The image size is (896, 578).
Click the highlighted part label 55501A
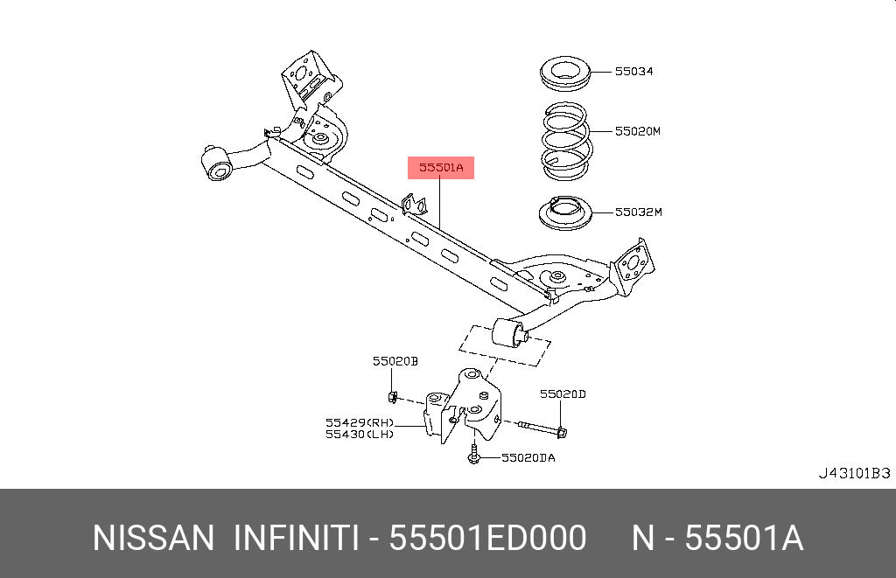tap(440, 167)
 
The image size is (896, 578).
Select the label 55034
tap(633, 72)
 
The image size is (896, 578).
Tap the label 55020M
tap(636, 131)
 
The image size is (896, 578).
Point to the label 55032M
tap(638, 212)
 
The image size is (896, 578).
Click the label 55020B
tap(395, 360)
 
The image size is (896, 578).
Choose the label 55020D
tap(562, 394)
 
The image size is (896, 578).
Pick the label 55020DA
tap(528, 457)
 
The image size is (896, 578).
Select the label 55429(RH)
tap(359, 421)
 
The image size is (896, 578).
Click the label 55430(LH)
tap(359, 434)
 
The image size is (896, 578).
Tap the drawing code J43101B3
tap(853, 473)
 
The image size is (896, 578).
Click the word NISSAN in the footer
tap(153, 539)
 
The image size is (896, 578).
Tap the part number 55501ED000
tap(487, 539)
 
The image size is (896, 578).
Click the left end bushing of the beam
tap(216, 164)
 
